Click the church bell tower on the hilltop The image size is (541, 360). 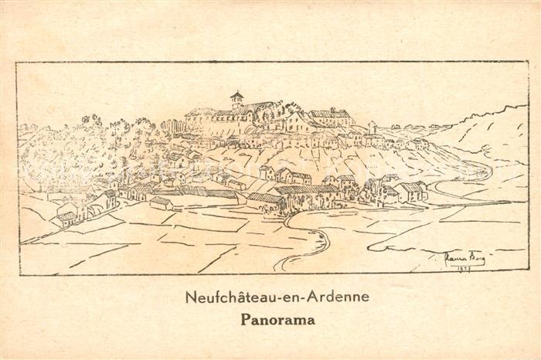[x=236, y=100]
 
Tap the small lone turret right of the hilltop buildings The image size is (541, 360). [x=373, y=126]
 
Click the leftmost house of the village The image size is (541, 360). [x=66, y=217]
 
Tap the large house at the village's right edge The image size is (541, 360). [x=410, y=191]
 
